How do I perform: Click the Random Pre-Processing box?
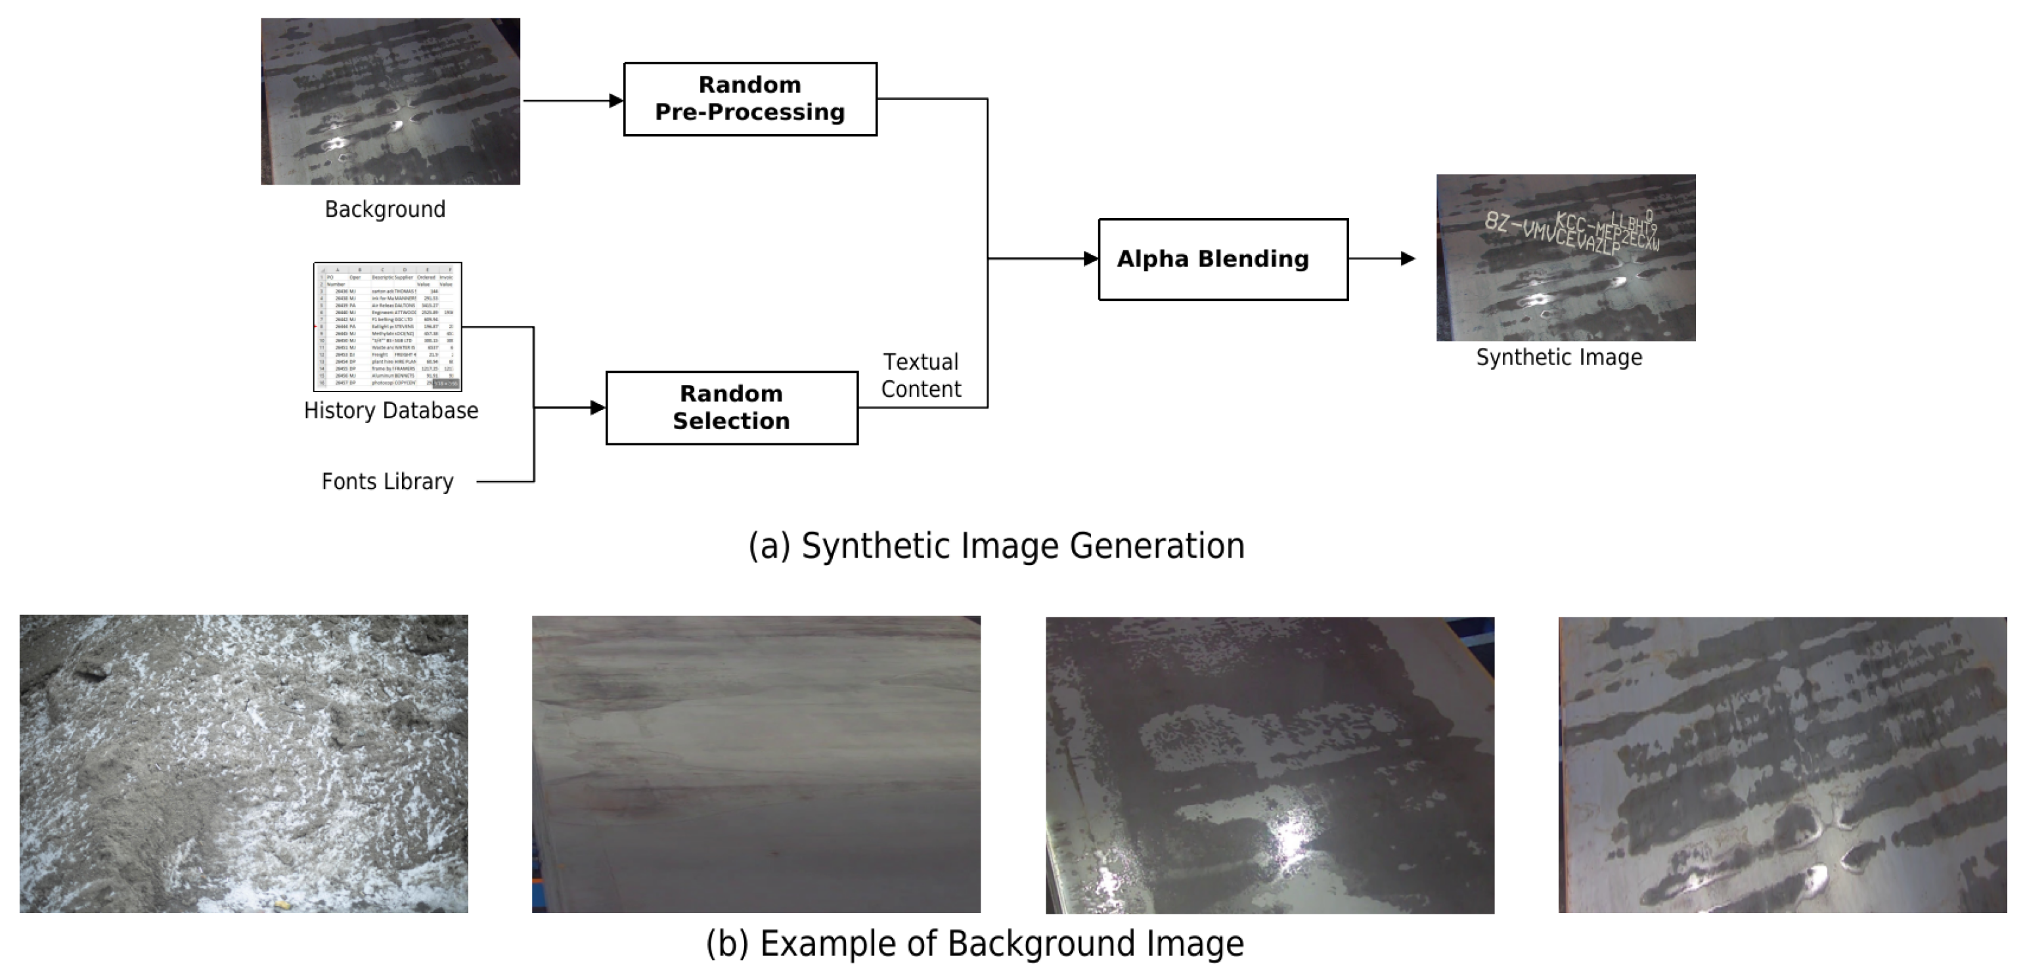(750, 99)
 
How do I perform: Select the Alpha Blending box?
(1222, 259)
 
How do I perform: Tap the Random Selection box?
(731, 408)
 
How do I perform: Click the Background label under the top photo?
(385, 209)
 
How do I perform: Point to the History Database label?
(391, 411)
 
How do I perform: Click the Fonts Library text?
(388, 481)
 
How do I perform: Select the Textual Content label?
(920, 376)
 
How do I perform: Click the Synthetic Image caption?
(1559, 357)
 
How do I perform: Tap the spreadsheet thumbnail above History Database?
(388, 327)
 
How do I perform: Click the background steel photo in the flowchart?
(390, 101)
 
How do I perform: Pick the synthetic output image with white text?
(1565, 257)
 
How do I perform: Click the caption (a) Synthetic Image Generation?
(996, 545)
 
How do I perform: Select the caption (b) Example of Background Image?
(975, 944)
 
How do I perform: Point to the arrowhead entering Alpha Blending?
(1090, 259)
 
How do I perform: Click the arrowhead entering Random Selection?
(598, 407)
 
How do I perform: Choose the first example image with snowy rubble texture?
(244, 763)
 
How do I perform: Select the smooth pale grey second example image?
(756, 764)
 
